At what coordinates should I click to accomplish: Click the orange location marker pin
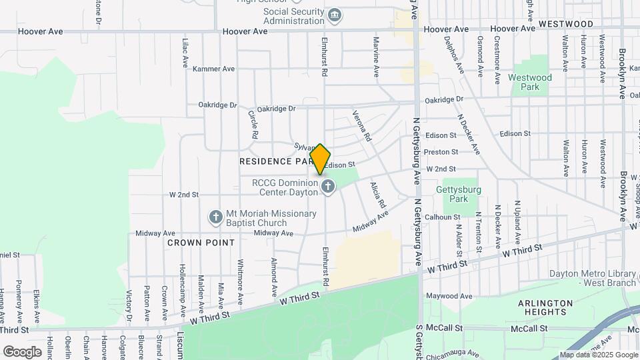pos(320,159)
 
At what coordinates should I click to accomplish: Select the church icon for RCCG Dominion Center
pos(327,187)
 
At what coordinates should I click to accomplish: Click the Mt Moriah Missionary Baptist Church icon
pos(215,217)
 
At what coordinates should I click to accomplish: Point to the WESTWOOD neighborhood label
pos(566,24)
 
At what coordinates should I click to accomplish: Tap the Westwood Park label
pos(530,82)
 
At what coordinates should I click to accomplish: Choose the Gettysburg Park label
pos(457,194)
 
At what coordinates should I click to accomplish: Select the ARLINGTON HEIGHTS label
pos(546,307)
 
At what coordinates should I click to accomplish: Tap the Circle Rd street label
pos(253,124)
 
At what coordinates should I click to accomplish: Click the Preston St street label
pos(445,152)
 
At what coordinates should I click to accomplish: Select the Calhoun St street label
pos(443,217)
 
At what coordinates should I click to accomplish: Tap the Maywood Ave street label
pos(449,296)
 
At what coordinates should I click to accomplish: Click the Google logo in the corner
pos(22,351)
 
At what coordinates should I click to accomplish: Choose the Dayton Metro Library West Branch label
pos(593,278)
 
